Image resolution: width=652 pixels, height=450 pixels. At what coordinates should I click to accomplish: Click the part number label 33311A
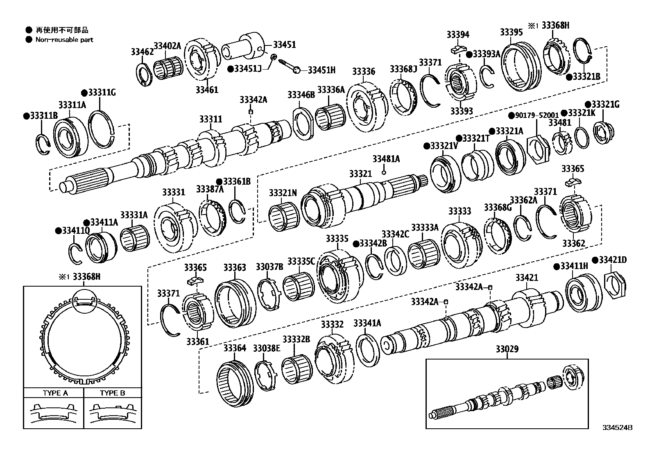[x=72, y=105]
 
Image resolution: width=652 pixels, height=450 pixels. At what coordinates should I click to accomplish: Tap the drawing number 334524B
[x=617, y=427]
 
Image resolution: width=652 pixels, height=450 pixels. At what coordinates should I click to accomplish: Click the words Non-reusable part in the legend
[x=64, y=40]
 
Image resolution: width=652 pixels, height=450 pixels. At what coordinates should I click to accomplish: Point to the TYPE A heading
[x=55, y=393]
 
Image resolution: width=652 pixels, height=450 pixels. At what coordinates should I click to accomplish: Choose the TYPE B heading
[x=113, y=393]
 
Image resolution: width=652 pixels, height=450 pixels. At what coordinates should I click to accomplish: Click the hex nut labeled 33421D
[x=616, y=285]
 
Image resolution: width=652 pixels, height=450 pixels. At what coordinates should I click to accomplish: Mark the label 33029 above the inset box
[x=507, y=349]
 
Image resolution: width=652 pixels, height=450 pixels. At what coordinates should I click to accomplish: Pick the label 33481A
[x=386, y=159]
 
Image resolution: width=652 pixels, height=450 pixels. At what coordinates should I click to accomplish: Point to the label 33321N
[x=283, y=193]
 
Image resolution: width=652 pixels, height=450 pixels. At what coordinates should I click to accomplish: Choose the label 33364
[x=235, y=348]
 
